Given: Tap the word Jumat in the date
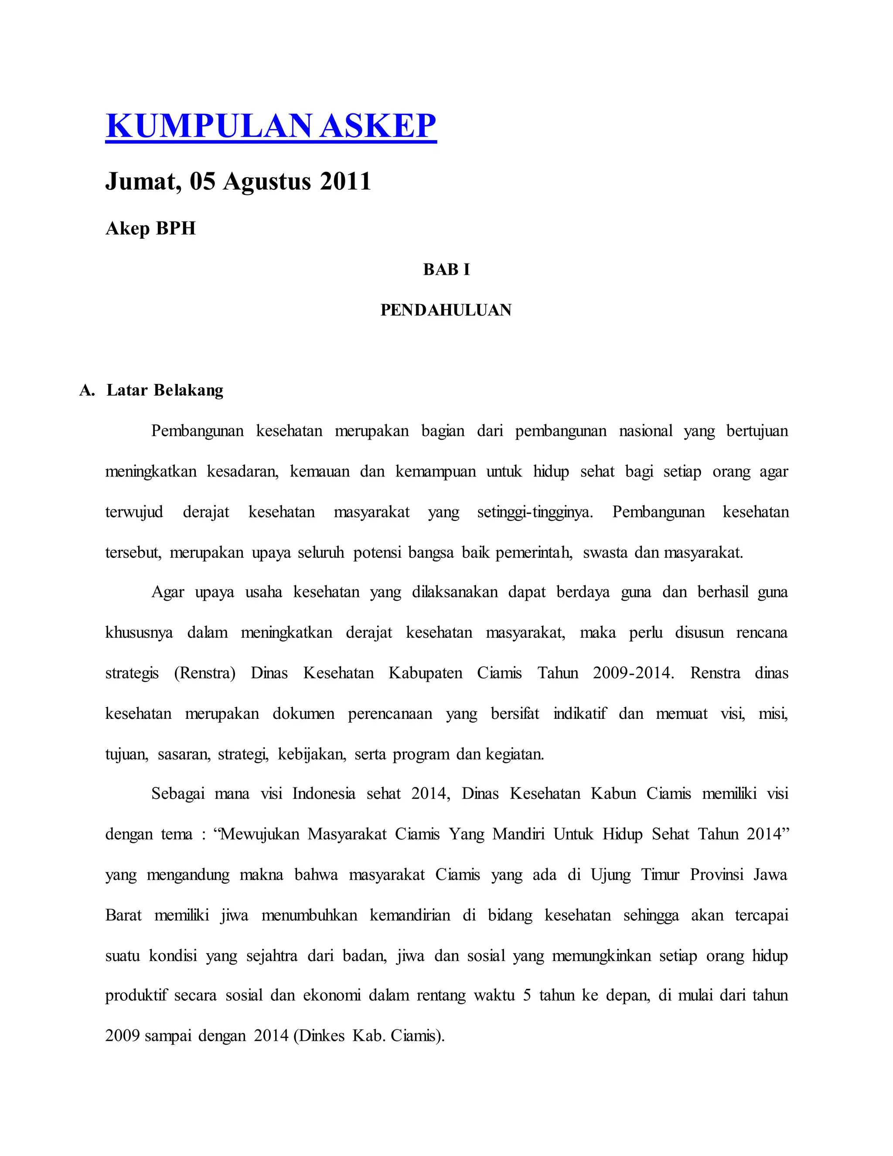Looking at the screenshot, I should pyautogui.click(x=140, y=181).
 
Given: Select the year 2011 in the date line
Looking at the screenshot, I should pyautogui.click(x=345, y=181).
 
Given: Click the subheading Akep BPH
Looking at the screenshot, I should pyautogui.click(x=151, y=229).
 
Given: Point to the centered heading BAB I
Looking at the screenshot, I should pyautogui.click(x=446, y=270).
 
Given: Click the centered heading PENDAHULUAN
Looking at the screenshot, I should pyautogui.click(x=446, y=310).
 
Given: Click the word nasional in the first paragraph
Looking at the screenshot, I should pyautogui.click(x=645, y=431).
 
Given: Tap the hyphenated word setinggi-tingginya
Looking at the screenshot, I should pyautogui.click(x=535, y=513).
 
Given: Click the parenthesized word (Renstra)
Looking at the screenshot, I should pyautogui.click(x=205, y=673).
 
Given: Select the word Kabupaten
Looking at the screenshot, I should pyautogui.click(x=425, y=673).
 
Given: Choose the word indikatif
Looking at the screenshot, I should pyautogui.click(x=580, y=714).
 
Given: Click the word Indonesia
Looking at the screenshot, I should pyautogui.click(x=324, y=794).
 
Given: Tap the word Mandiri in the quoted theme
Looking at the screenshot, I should pyautogui.click(x=518, y=835).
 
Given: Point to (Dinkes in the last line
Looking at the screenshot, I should pyautogui.click(x=318, y=1036).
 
